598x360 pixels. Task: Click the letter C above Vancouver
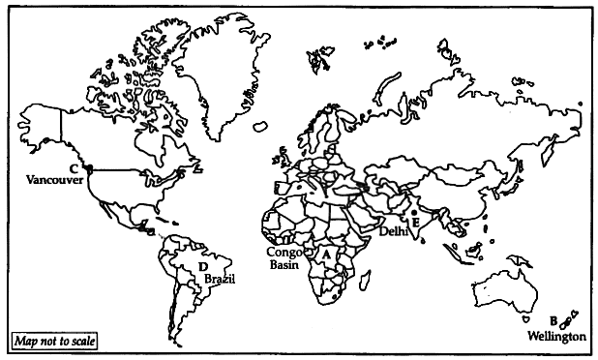point(74,168)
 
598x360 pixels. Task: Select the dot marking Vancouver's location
point(89,169)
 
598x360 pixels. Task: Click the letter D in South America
point(203,266)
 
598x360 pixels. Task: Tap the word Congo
point(286,252)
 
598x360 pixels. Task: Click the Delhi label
point(394,232)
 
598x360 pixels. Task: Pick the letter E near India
point(417,222)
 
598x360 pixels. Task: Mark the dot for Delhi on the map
point(413,211)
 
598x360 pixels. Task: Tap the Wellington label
point(557,336)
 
